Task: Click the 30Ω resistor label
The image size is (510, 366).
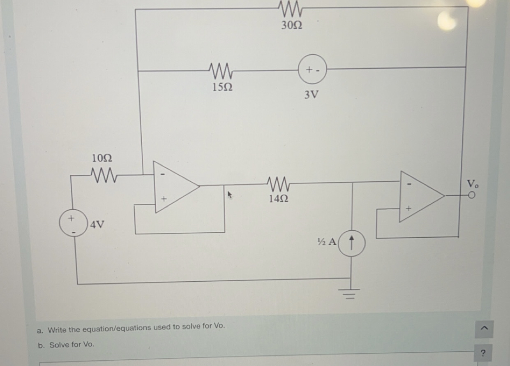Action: point(292,25)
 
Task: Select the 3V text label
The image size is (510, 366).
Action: point(311,95)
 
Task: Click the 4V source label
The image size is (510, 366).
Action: point(97,225)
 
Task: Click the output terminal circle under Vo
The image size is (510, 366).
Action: point(472,196)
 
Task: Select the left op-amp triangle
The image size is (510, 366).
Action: point(175,187)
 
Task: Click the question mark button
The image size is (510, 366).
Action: point(483,353)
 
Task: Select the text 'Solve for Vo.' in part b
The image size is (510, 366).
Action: point(72,345)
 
